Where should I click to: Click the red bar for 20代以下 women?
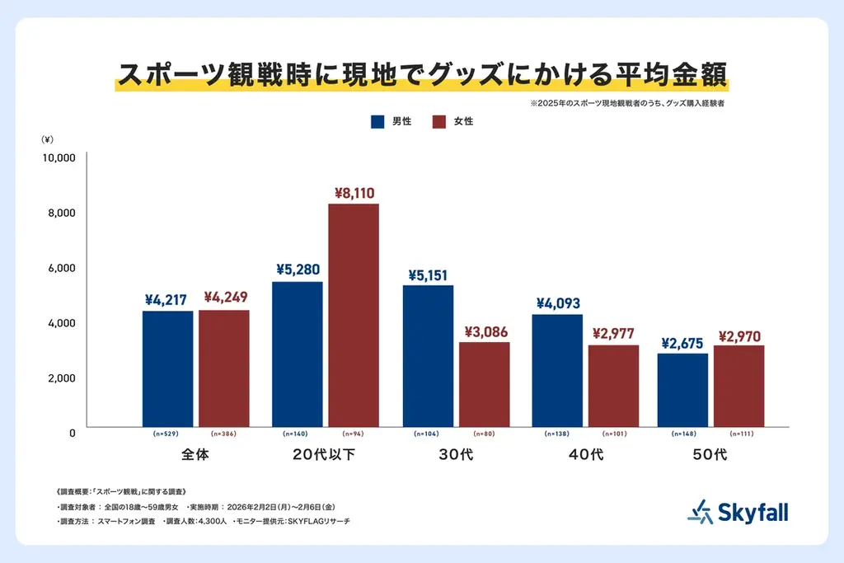(354, 315)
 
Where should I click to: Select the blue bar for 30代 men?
(428, 356)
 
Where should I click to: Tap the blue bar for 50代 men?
(682, 390)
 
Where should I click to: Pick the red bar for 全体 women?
(224, 368)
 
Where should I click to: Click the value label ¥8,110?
(354, 193)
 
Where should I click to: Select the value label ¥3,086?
(484, 331)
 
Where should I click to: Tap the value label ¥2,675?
(682, 342)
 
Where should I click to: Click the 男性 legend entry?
(392, 122)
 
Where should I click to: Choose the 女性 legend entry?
(453, 122)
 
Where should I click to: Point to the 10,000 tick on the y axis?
(59, 157)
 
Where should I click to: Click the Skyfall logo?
(738, 512)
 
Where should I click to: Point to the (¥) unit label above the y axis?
(48, 139)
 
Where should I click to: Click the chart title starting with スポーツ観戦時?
(422, 73)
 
